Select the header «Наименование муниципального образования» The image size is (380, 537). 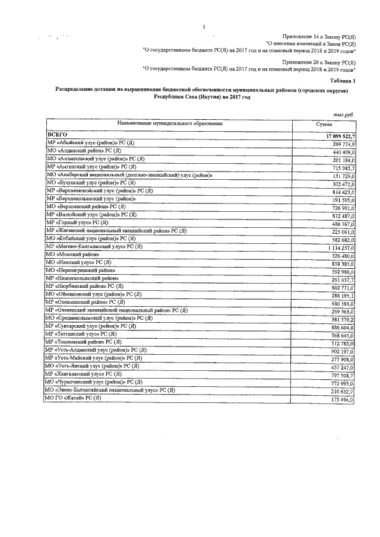point(170,123)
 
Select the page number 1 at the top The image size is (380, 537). point(203,27)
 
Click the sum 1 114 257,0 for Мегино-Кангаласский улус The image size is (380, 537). point(337,246)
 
